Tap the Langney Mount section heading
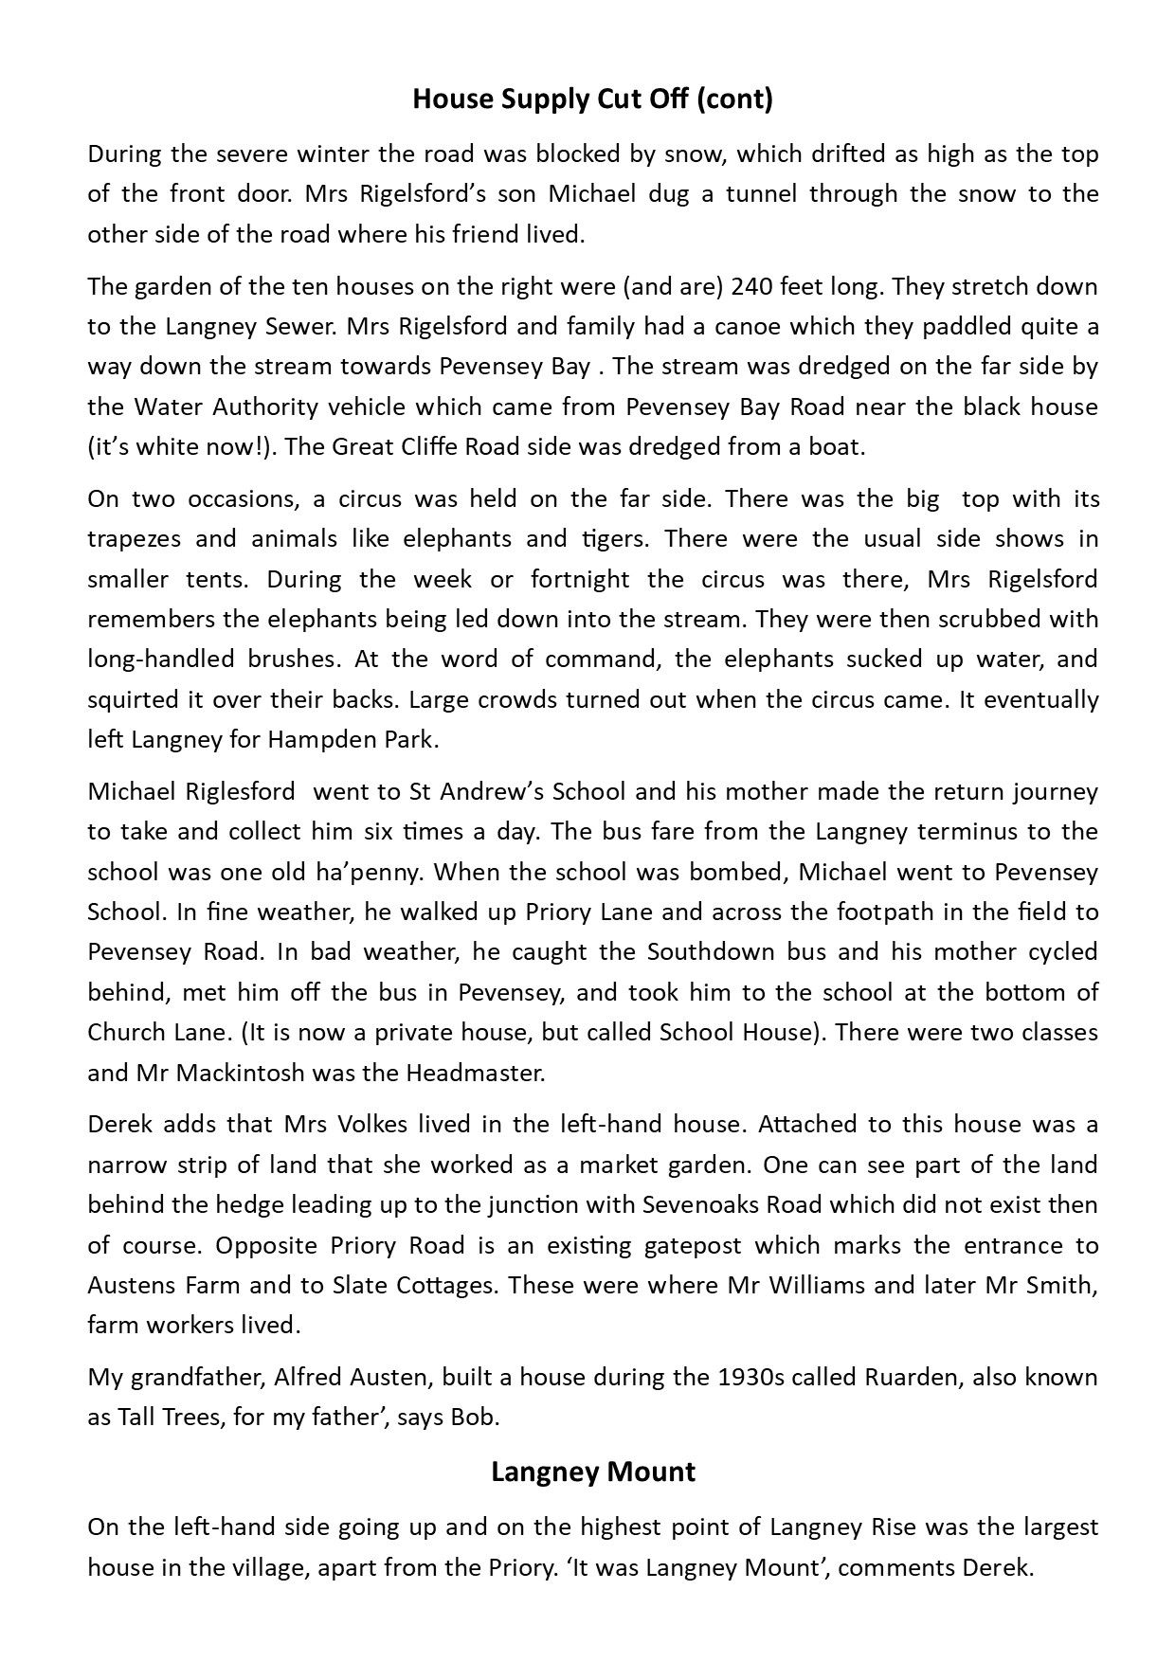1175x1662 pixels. (x=593, y=1472)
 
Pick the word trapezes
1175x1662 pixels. (x=132, y=539)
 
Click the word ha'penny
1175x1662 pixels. (x=366, y=872)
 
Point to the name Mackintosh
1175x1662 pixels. (x=229, y=1073)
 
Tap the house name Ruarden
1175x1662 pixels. (x=912, y=1377)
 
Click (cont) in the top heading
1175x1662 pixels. (x=734, y=99)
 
